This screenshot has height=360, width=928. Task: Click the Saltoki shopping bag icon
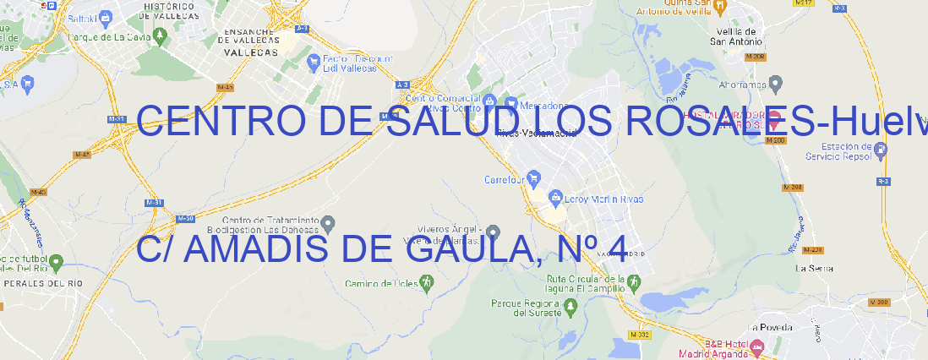click(106, 16)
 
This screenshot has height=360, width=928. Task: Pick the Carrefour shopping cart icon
click(534, 179)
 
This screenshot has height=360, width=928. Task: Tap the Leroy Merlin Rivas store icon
click(555, 199)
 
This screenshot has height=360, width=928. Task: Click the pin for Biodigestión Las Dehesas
click(329, 223)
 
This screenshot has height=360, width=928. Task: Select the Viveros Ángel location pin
click(493, 231)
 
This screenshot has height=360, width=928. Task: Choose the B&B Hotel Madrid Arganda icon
click(756, 346)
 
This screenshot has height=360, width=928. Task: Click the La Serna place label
click(815, 268)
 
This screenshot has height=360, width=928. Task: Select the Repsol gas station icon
click(882, 150)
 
